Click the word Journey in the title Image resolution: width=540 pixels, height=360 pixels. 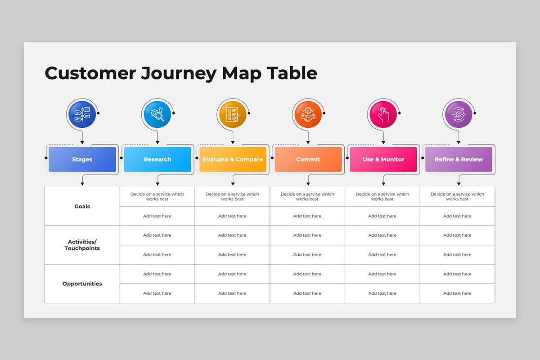coord(178,73)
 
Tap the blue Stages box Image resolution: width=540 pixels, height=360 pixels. coord(82,159)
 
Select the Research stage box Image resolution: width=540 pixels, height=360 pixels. coord(157,159)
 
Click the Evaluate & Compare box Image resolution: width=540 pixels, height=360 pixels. coord(233,159)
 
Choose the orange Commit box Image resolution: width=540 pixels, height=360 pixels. coord(308,159)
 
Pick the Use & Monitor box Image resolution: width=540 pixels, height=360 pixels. coord(383,159)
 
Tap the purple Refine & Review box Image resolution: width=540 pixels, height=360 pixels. coord(459,159)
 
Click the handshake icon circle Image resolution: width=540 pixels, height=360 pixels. coord(308,114)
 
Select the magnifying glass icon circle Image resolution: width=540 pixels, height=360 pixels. coord(157,114)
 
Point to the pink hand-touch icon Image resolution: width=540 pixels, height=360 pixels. coord(383,114)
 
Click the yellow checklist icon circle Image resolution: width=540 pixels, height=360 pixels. coord(233,114)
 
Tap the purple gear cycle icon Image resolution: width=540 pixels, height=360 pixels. coord(459,114)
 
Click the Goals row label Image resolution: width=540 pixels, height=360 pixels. coord(82,207)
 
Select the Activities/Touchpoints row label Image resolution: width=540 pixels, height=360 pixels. coord(82,245)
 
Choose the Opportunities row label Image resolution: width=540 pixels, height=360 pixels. coord(82,284)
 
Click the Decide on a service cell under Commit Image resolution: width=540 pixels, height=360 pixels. coord(307,197)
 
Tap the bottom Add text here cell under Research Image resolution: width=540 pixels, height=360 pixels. coord(157,293)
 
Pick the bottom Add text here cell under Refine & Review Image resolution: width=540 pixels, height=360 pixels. coord(457,293)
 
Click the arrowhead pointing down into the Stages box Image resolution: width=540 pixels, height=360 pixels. coord(82,143)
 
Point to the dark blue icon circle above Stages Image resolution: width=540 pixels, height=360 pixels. coord(82,114)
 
